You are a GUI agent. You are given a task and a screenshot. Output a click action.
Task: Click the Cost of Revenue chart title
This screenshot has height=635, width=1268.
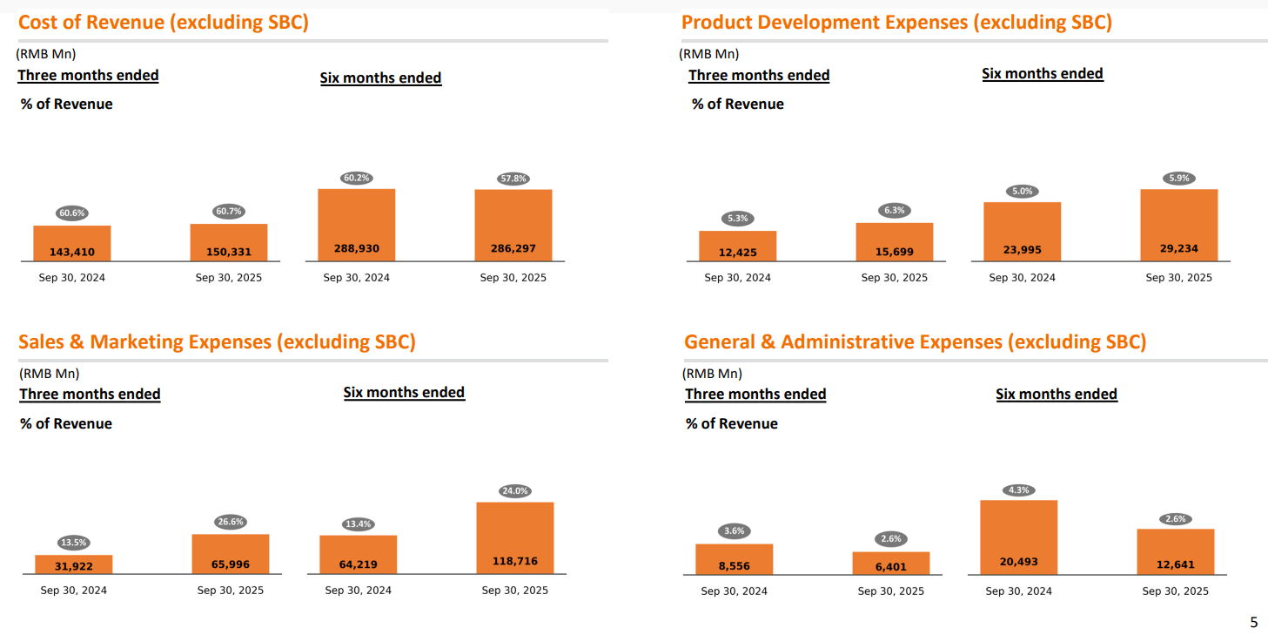164,23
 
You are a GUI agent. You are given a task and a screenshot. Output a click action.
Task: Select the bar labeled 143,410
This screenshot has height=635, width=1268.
72,244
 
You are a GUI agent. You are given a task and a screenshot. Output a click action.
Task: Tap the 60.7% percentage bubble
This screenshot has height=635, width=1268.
229,212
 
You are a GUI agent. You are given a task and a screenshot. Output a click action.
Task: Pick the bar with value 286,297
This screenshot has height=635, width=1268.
513,226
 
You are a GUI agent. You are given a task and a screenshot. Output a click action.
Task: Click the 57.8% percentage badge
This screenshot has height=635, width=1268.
513,179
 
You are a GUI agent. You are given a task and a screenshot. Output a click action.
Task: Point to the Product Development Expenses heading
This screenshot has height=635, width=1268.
896,23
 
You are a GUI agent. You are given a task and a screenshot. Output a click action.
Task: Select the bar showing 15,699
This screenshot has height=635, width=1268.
894,243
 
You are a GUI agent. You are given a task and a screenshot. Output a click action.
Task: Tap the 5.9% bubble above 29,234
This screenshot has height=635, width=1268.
1178,179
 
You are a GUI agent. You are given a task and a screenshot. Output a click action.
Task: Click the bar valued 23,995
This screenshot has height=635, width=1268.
1022,233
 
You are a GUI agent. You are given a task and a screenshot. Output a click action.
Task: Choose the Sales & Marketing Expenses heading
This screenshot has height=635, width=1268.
217,342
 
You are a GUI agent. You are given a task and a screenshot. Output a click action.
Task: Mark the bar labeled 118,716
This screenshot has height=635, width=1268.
515,538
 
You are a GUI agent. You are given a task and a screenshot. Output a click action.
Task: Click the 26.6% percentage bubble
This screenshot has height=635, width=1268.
231,523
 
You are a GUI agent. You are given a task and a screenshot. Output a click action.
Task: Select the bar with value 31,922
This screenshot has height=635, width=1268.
74,564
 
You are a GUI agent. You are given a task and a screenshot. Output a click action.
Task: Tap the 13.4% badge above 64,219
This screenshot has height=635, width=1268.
358,524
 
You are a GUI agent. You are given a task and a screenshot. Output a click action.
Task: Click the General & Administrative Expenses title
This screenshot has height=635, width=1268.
915,342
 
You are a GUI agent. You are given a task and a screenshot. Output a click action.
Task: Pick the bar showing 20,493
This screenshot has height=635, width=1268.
1018,537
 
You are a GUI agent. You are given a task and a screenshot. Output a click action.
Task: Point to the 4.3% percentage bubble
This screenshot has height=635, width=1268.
1018,490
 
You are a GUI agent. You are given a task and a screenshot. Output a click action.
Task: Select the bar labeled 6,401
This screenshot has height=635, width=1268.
890,564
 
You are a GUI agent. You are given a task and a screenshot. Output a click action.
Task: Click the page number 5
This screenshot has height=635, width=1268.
1253,622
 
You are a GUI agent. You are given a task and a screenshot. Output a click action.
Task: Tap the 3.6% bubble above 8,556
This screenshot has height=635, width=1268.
734,531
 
